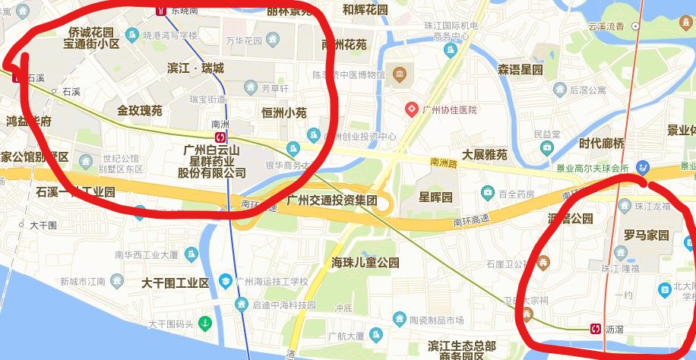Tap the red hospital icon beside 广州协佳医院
coord(412,109)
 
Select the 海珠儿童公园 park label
coord(365,263)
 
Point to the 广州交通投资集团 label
coord(332,201)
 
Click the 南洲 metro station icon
coord(220,137)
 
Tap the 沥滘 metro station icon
coord(596,329)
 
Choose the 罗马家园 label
coord(646,235)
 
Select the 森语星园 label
coord(520,70)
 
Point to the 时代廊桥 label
coord(601,144)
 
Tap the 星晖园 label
coord(435,197)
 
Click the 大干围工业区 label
coord(175,283)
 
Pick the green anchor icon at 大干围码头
coord(204,324)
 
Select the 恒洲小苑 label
coord(283,112)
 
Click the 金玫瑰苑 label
coord(140,111)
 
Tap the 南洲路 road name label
coord(444,162)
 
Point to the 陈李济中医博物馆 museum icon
coord(400,74)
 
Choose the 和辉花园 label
coord(365,10)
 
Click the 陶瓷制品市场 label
coord(436,321)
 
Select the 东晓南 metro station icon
coord(161,10)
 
